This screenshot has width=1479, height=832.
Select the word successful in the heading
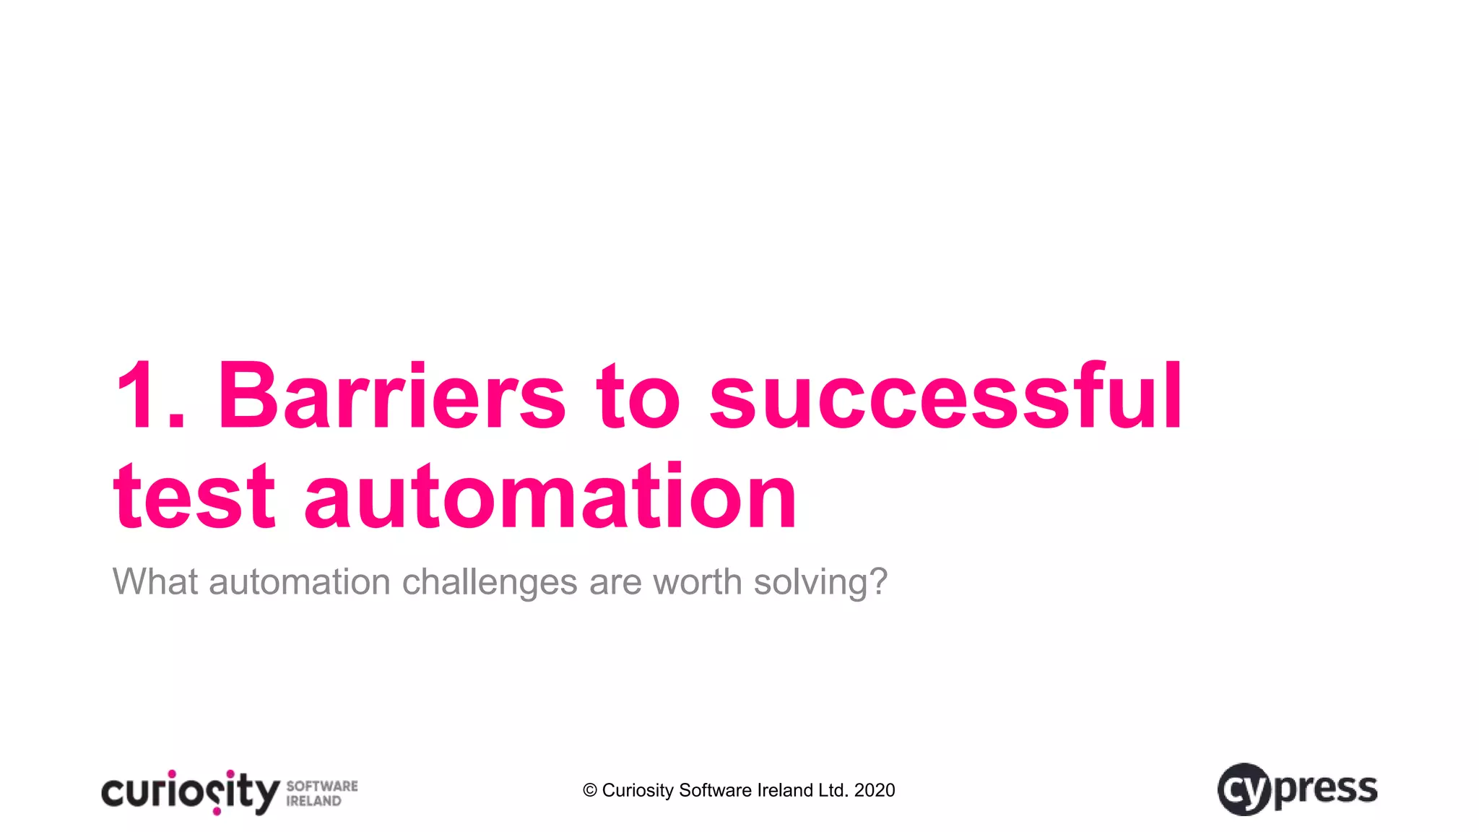click(x=946, y=396)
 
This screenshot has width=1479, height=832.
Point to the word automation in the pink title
click(x=550, y=497)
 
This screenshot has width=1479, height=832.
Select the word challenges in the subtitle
click(x=489, y=583)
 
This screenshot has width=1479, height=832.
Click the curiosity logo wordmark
click(x=190, y=792)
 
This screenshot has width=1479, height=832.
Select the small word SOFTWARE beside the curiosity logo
click(x=322, y=786)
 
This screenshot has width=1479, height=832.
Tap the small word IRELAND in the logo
click(x=313, y=801)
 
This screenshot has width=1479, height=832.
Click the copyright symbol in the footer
click(x=590, y=791)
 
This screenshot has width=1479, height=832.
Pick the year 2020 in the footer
click(x=874, y=791)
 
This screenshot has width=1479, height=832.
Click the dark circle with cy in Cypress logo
click(x=1244, y=789)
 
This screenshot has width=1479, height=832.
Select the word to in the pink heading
click(x=638, y=396)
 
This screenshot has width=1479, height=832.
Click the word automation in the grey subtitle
click(x=300, y=581)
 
